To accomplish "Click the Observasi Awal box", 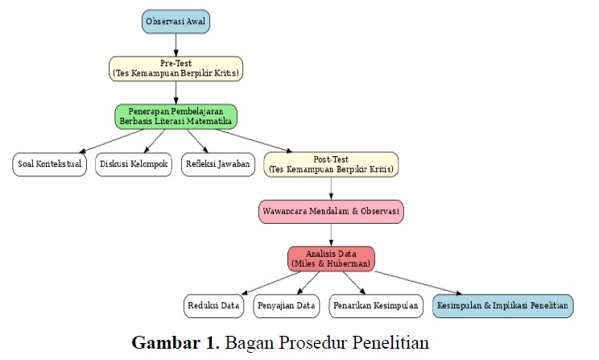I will [176, 22].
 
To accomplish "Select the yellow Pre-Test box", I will [176, 68].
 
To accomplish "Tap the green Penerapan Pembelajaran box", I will [176, 116].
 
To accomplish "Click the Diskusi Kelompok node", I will [134, 165].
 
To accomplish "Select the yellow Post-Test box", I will [331, 165].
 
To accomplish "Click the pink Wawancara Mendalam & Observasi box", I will [331, 212].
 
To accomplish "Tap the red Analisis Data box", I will [331, 259].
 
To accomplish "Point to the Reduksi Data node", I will [213, 306].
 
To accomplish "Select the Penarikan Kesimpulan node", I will [377, 306].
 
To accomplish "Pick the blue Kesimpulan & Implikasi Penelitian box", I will [502, 306].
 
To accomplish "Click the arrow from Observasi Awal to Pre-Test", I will [176, 45].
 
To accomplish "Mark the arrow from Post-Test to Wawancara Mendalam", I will [331, 188].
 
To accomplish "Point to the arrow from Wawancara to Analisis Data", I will [331, 235].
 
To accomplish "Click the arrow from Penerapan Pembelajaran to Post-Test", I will [259, 142].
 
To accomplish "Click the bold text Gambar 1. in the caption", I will [176, 341].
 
